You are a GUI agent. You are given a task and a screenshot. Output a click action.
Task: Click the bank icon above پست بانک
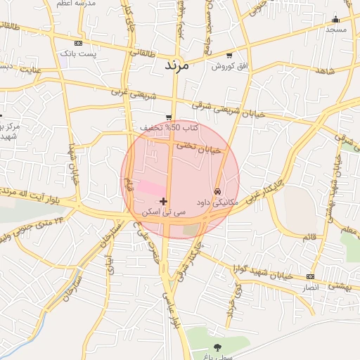point(77,44)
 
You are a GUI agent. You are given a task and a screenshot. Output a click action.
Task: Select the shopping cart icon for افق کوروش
point(229,56)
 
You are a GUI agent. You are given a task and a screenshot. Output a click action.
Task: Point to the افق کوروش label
point(228,66)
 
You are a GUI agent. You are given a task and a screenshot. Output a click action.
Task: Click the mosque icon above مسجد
point(335,19)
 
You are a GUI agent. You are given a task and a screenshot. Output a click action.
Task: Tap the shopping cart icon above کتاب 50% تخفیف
point(169,117)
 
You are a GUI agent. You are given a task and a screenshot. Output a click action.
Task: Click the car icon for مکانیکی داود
point(218,191)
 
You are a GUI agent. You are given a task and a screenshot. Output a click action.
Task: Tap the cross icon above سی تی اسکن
point(164,202)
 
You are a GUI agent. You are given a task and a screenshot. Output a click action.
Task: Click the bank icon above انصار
point(311,277)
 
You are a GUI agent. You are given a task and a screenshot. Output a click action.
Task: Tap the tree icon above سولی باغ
point(217,347)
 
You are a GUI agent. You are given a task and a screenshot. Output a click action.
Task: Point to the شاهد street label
point(324,72)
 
